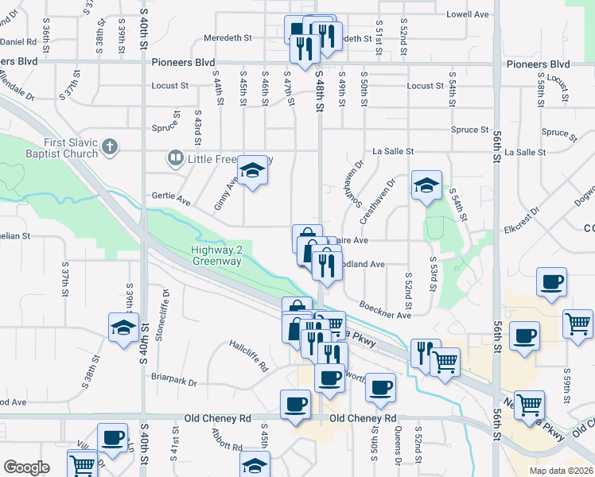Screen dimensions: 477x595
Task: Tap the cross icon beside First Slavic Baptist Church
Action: tap(111, 147)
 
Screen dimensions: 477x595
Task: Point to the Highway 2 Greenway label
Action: tap(216, 255)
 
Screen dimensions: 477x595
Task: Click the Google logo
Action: tap(26, 467)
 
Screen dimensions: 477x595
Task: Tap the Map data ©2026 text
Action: tap(560, 470)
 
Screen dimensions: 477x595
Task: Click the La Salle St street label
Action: tap(393, 151)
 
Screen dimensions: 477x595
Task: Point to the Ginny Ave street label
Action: tap(225, 193)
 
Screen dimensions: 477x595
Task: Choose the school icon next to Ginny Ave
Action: tap(252, 171)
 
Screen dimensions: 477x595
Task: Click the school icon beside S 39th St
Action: tap(122, 328)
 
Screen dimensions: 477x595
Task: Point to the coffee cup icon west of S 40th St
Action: tap(112, 437)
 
